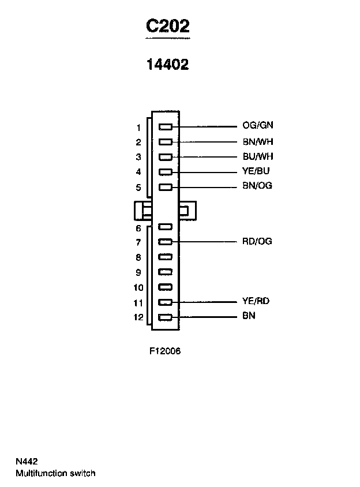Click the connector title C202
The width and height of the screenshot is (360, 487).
[167, 27]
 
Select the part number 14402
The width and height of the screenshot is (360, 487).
[167, 65]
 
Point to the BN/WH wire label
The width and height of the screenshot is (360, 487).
[257, 141]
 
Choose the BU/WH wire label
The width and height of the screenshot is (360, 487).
[257, 156]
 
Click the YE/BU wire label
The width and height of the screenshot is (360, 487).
[256, 171]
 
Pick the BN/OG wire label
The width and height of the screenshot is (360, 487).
[257, 186]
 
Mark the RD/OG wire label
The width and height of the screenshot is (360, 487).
[257, 241]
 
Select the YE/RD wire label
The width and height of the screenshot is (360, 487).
[256, 301]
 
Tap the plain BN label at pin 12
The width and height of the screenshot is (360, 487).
[249, 316]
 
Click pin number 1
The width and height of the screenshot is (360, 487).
[138, 128]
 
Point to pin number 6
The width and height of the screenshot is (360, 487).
[138, 228]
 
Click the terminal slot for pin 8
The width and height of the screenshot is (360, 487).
[166, 257]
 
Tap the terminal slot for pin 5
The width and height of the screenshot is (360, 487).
[166, 186]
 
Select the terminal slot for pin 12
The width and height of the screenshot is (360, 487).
[166, 317]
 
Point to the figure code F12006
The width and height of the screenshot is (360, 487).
[165, 351]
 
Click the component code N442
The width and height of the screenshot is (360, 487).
[27, 462]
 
